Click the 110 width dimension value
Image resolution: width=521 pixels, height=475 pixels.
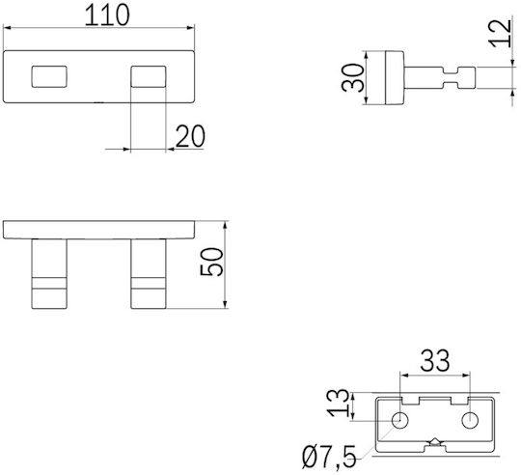[x=107, y=15]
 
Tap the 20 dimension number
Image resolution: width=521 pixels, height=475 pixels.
[x=190, y=136]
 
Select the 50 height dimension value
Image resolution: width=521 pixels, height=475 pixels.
[x=211, y=262]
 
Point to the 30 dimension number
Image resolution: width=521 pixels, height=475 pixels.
[x=352, y=78]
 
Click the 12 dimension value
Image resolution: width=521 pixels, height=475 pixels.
[x=500, y=33]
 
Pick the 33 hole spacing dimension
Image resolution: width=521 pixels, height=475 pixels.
[x=435, y=361]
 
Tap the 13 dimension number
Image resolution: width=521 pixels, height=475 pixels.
[x=338, y=403]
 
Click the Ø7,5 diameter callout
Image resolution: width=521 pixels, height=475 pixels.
[x=329, y=458]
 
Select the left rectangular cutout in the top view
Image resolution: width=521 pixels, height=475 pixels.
[x=49, y=77]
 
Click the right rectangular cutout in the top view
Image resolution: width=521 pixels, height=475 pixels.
[x=149, y=77]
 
